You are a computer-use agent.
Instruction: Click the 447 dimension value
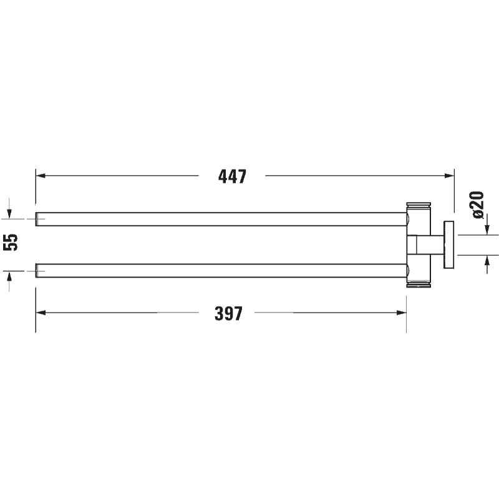233,177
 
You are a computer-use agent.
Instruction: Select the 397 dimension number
228,314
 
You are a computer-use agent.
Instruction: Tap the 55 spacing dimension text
11,242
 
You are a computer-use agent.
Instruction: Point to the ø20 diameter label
477,204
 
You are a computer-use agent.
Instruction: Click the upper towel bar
218,219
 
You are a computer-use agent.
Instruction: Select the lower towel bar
218,270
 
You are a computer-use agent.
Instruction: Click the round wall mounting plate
448,245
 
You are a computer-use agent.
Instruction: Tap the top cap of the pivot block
419,205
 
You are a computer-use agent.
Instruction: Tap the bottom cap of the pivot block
419,285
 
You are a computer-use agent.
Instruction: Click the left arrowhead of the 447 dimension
39,176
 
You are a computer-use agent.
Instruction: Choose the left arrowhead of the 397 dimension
39,314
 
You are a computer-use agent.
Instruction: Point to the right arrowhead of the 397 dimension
402,314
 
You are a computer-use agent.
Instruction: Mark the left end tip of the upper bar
37,219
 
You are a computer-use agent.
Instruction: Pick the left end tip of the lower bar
37,270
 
